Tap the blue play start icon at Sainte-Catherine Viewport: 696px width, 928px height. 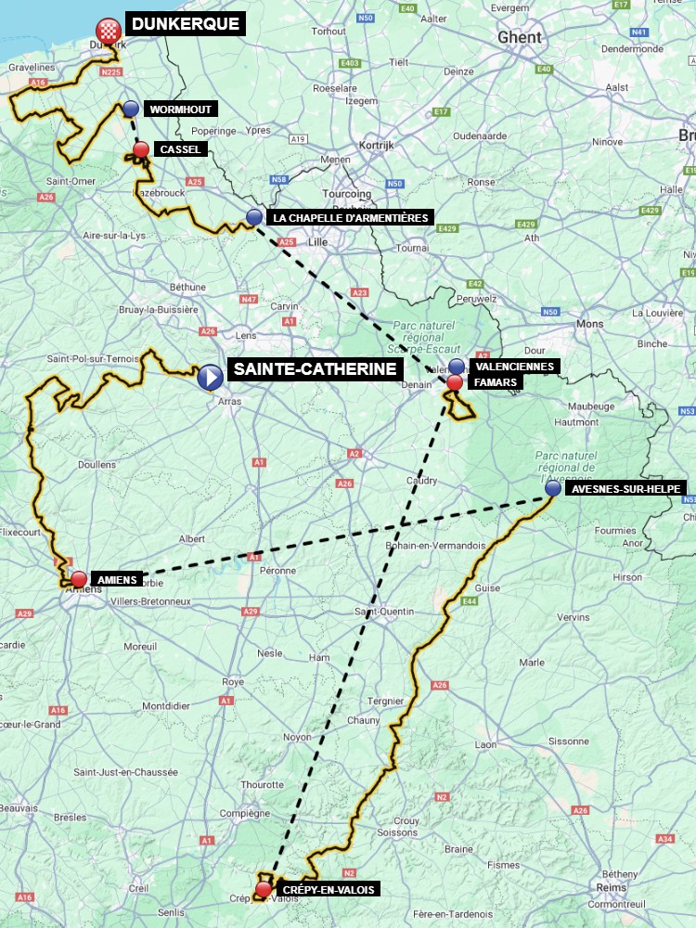(x=210, y=377)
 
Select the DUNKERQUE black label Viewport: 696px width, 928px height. (x=185, y=24)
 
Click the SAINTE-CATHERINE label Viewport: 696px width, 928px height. (x=316, y=369)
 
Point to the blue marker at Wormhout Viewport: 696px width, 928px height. (x=131, y=109)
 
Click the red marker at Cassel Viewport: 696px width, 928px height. (x=141, y=149)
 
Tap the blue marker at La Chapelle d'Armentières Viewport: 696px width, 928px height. (x=254, y=217)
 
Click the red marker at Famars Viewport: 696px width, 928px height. (x=455, y=381)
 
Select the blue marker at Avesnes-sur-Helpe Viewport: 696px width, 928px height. (x=553, y=488)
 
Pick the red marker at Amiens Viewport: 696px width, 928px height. (x=79, y=579)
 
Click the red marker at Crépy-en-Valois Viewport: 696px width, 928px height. (x=264, y=889)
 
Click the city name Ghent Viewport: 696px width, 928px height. (x=519, y=37)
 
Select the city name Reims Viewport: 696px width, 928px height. (x=613, y=888)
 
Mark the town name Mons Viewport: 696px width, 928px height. (x=589, y=324)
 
